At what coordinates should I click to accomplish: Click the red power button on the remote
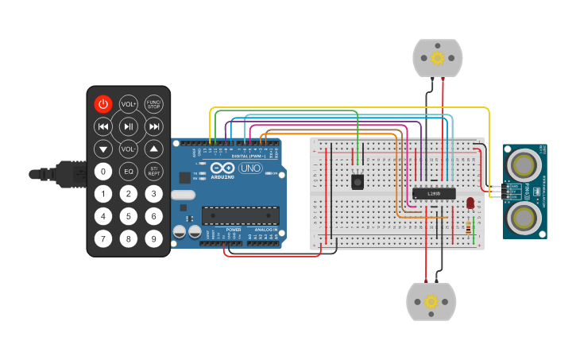click(x=103, y=104)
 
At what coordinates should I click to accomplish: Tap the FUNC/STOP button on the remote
click(x=154, y=104)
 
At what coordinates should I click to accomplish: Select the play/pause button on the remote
click(x=129, y=126)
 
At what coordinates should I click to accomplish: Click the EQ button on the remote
click(x=129, y=171)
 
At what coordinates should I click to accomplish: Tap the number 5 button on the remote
click(x=129, y=215)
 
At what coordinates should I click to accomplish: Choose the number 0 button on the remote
click(x=103, y=171)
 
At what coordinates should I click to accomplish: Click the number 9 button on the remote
click(x=154, y=238)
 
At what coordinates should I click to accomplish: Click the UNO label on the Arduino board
click(x=251, y=168)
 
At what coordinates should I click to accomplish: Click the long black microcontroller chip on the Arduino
click(x=240, y=215)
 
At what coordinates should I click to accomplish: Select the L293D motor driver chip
click(x=434, y=192)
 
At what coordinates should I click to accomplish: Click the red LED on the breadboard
click(x=470, y=203)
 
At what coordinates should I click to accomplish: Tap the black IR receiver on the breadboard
click(x=358, y=182)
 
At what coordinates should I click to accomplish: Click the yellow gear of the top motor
click(x=437, y=57)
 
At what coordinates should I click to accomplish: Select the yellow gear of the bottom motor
click(x=431, y=301)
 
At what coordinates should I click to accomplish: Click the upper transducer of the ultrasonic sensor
click(x=524, y=165)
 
